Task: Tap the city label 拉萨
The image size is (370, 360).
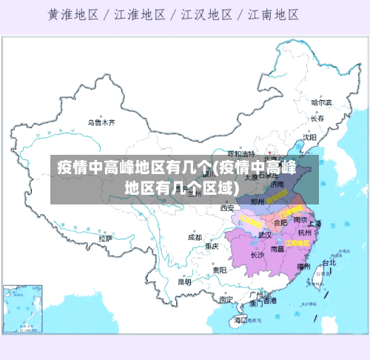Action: pyautogui.click(x=105, y=239)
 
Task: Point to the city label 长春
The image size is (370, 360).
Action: pyautogui.click(x=317, y=119)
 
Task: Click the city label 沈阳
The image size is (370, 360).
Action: pyautogui.click(x=309, y=137)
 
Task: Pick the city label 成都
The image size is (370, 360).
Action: pyautogui.click(x=195, y=238)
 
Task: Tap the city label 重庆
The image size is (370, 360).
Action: pyautogui.click(x=212, y=246)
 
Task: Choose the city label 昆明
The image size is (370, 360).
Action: pyautogui.click(x=184, y=281)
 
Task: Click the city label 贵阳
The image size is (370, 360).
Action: pyautogui.click(x=219, y=270)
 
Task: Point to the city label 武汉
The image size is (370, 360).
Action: pyautogui.click(x=263, y=236)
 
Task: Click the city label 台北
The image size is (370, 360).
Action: pyautogui.click(x=328, y=262)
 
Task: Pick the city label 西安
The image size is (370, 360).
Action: pyautogui.click(x=227, y=208)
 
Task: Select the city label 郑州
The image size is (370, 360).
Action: pyautogui.click(x=258, y=201)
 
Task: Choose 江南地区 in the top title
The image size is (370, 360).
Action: pyautogui.click(x=273, y=14)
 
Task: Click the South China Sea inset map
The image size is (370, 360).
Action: pyautogui.click(x=21, y=307)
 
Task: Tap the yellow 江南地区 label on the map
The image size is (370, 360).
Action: pyautogui.click(x=297, y=242)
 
